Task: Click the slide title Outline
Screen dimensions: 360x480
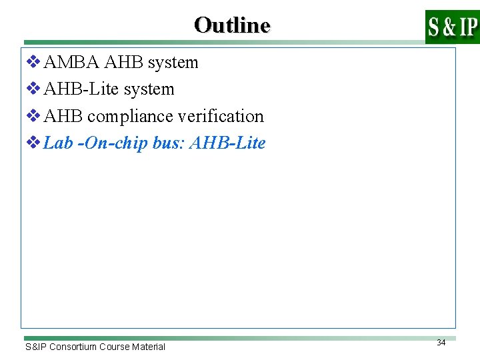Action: click(x=232, y=25)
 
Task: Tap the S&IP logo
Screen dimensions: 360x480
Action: click(x=452, y=27)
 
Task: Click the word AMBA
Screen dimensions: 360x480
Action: click(x=72, y=63)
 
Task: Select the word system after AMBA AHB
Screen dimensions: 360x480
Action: click(x=173, y=63)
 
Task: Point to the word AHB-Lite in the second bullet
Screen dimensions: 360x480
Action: click(x=76, y=89)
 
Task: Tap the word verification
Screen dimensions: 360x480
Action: click(x=221, y=116)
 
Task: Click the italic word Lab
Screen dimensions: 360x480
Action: click(x=58, y=143)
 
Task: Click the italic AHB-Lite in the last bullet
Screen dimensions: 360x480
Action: click(x=227, y=143)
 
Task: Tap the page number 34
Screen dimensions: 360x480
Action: click(x=441, y=342)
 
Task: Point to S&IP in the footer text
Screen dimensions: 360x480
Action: click(x=35, y=347)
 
